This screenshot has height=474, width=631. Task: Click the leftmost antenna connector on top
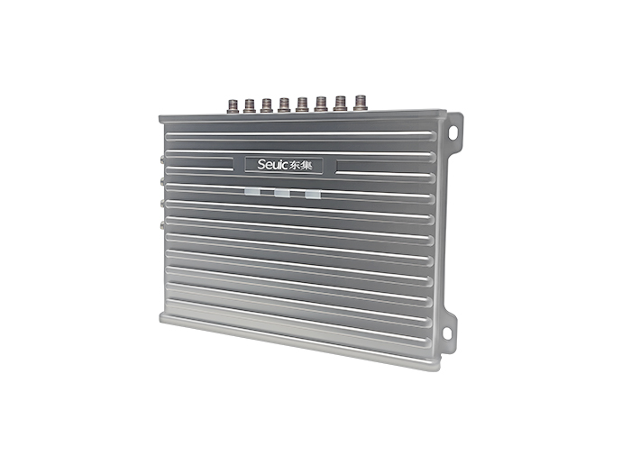233,105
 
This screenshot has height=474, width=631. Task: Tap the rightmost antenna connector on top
361,103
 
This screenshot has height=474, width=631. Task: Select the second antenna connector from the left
250,105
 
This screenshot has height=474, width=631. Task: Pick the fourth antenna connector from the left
284,105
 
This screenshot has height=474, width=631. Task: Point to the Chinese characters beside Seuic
301,165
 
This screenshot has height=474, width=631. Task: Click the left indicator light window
251,192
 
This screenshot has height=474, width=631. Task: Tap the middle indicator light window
282,193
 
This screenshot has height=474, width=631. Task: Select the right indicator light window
313,195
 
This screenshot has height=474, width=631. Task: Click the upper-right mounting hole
453,132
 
